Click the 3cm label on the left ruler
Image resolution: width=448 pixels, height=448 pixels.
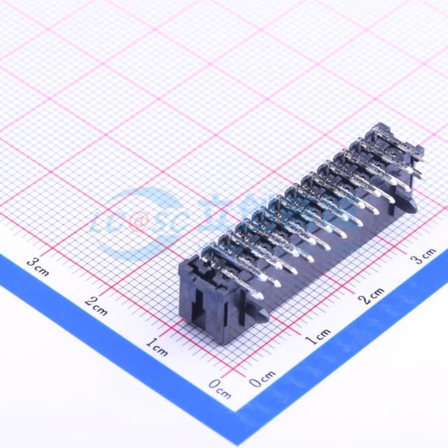[38, 267]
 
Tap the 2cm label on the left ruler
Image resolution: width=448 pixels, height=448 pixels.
[96, 306]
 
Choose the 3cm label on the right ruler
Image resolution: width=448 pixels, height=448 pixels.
[423, 255]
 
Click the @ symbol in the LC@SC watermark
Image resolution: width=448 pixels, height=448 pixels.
[136, 223]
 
